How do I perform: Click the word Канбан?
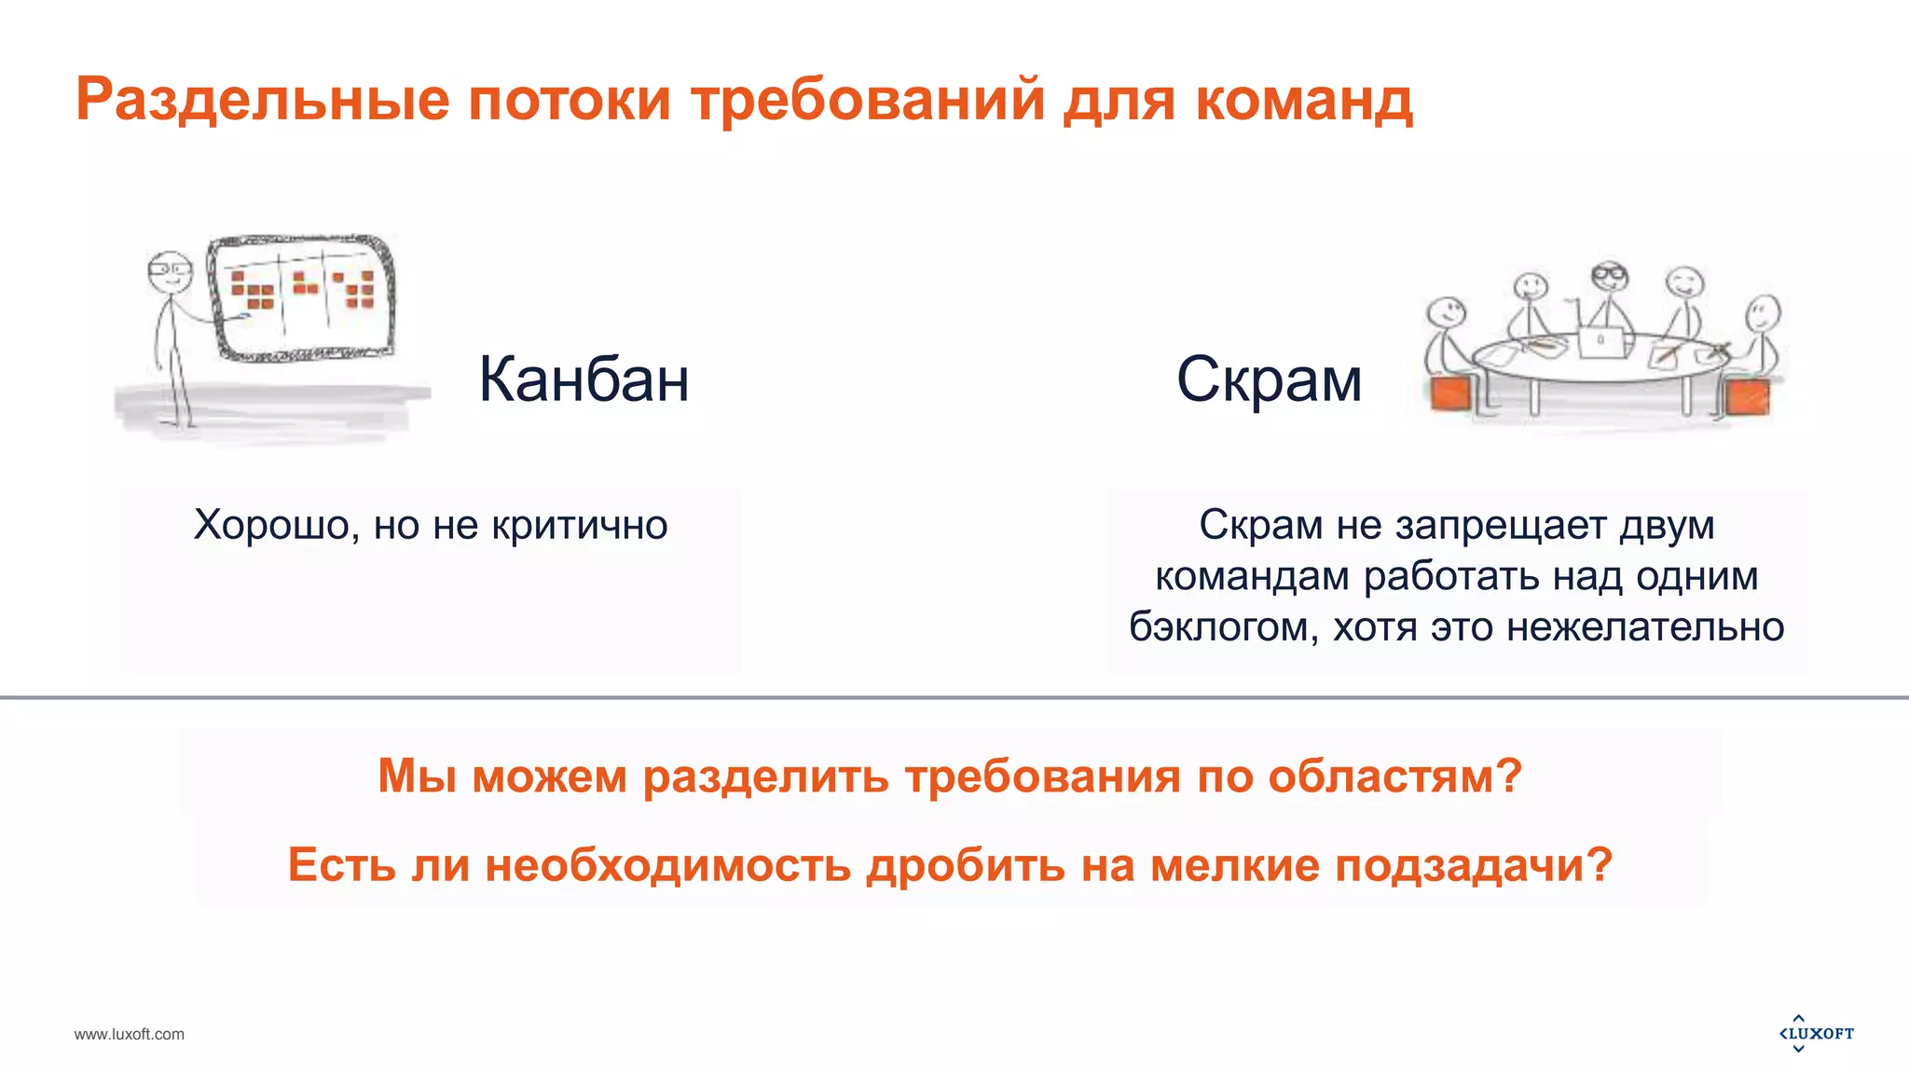pos(584,379)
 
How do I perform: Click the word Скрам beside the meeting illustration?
pos(1269,379)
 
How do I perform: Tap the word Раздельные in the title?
pos(262,99)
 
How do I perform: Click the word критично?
pos(580,525)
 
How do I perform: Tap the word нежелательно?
pos(1645,626)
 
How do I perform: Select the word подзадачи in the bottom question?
pos(1474,864)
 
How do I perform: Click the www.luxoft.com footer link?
pos(130,1034)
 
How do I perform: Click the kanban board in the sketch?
pos(300,296)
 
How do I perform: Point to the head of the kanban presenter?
pos(169,270)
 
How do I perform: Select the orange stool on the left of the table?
pos(1452,393)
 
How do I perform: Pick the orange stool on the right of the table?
pos(1747,396)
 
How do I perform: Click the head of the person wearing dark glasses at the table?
pos(1609,276)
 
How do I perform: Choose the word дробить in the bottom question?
pos(966,864)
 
